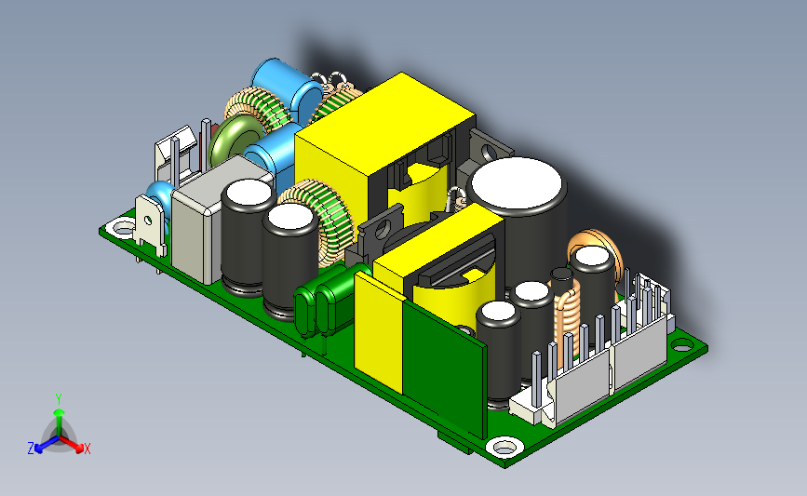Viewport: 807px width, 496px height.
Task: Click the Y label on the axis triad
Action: [59, 399]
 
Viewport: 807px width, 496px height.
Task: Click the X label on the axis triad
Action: [87, 449]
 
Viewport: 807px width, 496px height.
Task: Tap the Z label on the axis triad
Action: [31, 449]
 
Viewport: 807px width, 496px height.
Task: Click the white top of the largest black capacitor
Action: [517, 183]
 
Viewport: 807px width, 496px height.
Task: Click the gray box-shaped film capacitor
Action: [216, 216]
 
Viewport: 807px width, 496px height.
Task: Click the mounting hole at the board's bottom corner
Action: [504, 447]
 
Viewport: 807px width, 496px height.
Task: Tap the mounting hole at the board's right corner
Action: [682, 346]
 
